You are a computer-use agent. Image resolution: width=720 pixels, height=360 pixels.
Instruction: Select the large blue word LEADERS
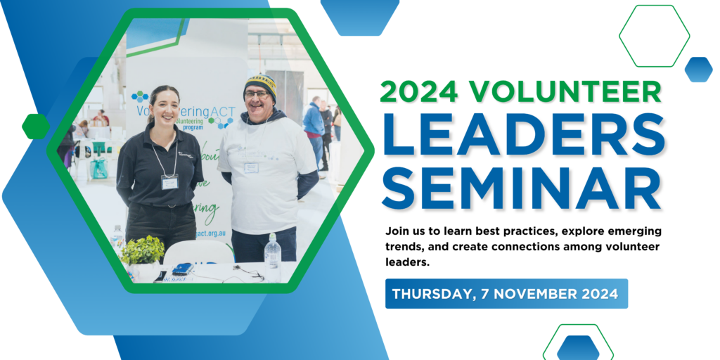pos(523,134)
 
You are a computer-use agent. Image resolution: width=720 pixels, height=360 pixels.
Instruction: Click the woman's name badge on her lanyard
pos(169,181)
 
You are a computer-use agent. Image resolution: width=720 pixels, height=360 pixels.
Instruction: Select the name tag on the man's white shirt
pos(251,167)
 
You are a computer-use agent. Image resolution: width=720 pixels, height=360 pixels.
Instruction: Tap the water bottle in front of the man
pos(273,251)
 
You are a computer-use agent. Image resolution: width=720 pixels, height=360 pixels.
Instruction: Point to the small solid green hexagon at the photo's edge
pos(35,126)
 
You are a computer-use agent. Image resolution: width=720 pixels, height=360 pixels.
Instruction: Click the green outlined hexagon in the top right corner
pos(654,35)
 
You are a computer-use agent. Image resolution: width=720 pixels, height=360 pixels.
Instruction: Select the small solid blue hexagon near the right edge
pos(698,69)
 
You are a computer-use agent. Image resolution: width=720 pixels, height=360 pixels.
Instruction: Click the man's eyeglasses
pos(256,94)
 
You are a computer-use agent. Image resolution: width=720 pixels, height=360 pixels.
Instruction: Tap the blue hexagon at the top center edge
pos(359,14)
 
